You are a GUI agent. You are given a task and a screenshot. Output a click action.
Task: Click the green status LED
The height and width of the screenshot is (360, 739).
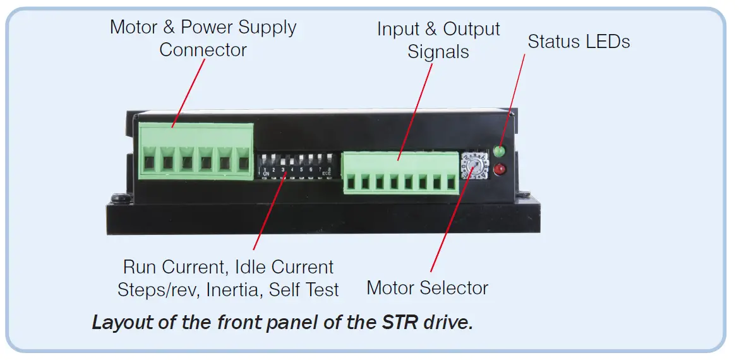[x=500, y=152]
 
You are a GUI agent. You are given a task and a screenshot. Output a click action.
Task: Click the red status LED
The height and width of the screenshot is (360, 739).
[x=500, y=169]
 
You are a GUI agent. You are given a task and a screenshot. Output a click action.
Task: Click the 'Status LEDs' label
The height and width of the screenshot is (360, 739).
[x=579, y=42]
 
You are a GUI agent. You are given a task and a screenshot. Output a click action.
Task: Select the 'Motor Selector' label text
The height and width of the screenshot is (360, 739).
[x=428, y=288]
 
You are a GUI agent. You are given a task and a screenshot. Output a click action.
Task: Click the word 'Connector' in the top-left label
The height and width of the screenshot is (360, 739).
[x=203, y=50]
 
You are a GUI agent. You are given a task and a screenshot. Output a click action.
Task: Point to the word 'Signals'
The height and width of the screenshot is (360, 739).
[x=438, y=52]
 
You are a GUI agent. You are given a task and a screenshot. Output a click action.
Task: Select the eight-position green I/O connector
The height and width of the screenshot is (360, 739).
[x=400, y=172]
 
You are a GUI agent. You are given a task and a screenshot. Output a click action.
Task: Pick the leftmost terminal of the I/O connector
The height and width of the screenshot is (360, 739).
[x=351, y=183]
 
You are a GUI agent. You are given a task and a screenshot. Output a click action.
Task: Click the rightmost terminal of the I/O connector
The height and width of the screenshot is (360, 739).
[x=451, y=183]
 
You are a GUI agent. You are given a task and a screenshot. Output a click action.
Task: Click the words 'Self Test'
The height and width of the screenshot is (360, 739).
[x=304, y=290]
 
